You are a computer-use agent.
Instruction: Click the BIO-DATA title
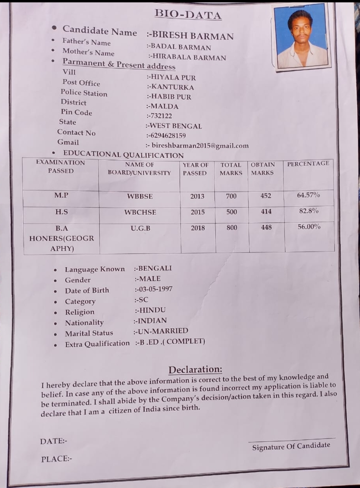(x=188, y=14)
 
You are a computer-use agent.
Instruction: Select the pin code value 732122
(x=161, y=116)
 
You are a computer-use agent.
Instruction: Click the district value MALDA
(x=164, y=107)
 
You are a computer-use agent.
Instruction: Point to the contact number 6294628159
(x=167, y=136)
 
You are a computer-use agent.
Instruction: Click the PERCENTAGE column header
(x=308, y=163)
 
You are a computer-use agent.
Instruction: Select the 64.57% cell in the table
(x=308, y=195)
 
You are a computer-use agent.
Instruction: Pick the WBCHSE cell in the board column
(x=140, y=212)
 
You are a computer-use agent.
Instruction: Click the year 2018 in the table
(x=198, y=228)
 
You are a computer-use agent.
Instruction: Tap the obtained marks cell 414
(x=266, y=211)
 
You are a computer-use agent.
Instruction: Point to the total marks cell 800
(x=232, y=227)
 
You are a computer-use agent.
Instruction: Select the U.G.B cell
(x=141, y=228)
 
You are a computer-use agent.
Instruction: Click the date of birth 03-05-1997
(x=155, y=289)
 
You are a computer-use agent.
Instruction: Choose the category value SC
(x=143, y=300)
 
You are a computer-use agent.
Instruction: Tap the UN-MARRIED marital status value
(x=163, y=331)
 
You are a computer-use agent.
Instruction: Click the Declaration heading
(x=195, y=369)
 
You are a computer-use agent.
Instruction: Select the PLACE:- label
(x=57, y=459)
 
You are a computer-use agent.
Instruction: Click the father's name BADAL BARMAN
(x=180, y=48)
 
